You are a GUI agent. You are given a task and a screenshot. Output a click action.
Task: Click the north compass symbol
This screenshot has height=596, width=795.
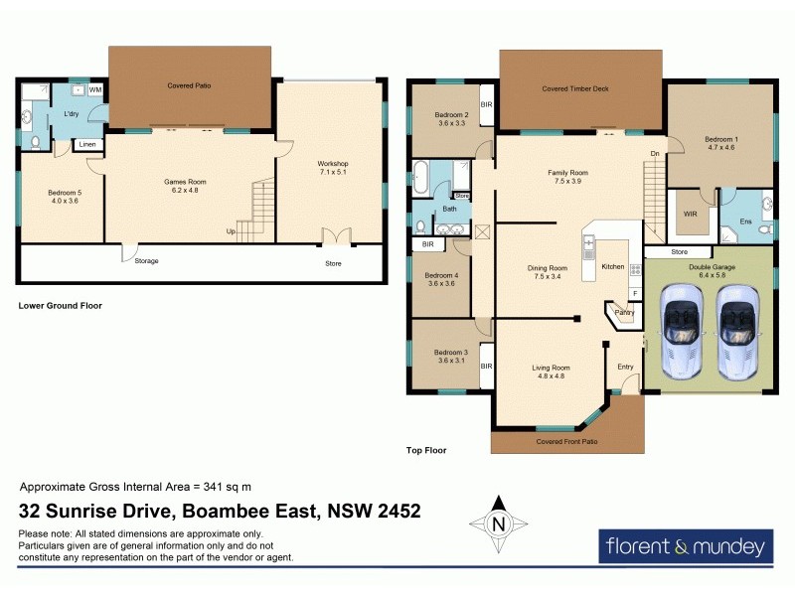pos(500,523)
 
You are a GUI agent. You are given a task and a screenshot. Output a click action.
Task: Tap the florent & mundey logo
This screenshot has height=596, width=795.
pos(686,546)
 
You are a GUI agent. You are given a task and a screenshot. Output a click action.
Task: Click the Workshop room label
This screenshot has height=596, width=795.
pos(332,163)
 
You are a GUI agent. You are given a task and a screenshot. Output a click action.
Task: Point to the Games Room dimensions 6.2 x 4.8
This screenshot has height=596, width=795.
pos(189,190)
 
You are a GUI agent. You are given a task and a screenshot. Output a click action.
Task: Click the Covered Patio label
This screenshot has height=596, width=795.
pos(189,85)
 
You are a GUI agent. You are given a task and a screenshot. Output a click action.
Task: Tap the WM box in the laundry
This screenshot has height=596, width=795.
pos(96,90)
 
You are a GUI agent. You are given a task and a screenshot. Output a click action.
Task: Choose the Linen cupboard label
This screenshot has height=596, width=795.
pos(88,145)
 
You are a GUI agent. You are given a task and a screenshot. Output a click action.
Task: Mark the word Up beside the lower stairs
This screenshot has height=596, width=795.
pos(232,230)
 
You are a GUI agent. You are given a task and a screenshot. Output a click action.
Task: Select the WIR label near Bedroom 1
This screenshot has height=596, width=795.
pos(689,214)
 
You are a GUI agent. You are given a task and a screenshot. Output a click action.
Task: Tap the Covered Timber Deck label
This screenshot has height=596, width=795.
pos(575,88)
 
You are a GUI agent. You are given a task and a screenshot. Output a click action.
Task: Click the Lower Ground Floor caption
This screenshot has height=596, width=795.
pos(61,306)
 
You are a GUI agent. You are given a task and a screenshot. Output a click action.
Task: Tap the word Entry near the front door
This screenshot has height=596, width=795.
pos(625,368)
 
